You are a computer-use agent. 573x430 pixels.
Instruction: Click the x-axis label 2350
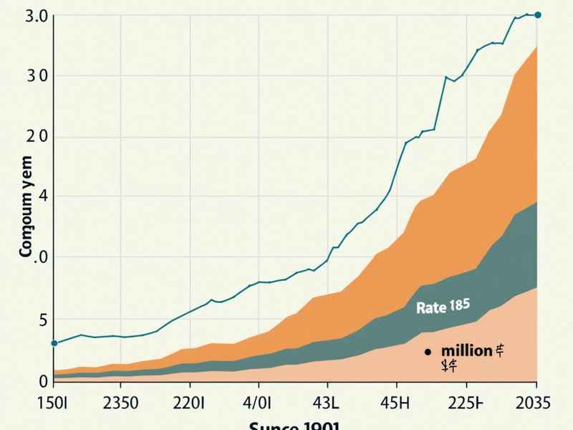click(120, 403)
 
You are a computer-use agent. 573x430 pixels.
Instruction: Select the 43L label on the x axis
click(329, 403)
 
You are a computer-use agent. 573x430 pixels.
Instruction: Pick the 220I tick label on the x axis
click(190, 403)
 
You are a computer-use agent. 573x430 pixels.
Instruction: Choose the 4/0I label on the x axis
click(259, 403)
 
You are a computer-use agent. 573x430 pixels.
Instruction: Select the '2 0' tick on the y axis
click(38, 136)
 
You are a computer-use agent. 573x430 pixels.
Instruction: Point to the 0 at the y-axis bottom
click(42, 381)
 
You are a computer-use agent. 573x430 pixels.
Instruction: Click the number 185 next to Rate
click(460, 305)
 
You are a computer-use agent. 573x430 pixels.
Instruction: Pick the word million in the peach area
click(466, 350)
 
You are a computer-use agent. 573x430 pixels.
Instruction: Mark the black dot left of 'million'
click(428, 352)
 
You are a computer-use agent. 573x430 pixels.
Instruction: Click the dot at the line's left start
click(54, 343)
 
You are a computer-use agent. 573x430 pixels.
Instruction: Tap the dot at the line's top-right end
click(539, 14)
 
